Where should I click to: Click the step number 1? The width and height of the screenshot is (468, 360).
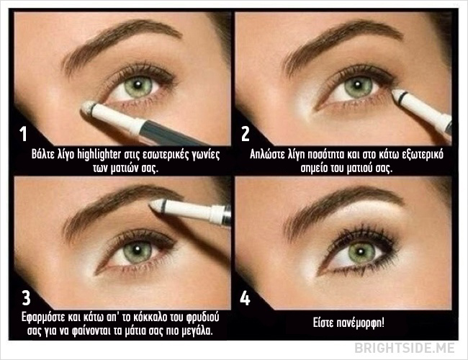(x=23, y=134)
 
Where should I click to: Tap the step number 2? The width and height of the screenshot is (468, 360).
(x=245, y=134)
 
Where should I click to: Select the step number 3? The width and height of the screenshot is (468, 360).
(x=26, y=297)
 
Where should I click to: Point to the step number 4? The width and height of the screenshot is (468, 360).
(x=245, y=297)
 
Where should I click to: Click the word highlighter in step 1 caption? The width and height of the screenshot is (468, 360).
(x=99, y=155)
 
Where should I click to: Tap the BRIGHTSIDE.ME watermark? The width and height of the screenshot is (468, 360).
(x=405, y=348)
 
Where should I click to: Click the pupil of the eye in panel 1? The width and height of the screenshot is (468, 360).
(x=138, y=85)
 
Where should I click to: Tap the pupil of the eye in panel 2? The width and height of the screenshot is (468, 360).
(x=357, y=85)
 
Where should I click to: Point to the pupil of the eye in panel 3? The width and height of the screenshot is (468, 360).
(x=137, y=250)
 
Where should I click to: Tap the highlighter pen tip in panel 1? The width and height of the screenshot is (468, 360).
(x=87, y=107)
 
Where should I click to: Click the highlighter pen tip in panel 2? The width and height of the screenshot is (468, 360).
(x=397, y=94)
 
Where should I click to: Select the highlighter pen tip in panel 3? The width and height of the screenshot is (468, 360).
(x=155, y=204)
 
